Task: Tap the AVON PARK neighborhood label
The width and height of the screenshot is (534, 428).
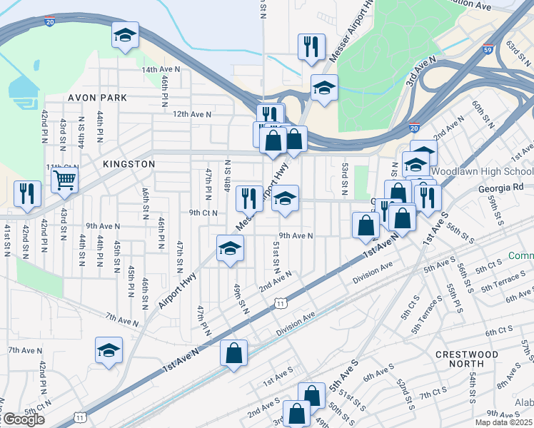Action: pyautogui.click(x=97, y=97)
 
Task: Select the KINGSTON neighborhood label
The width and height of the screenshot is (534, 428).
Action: pyautogui.click(x=129, y=164)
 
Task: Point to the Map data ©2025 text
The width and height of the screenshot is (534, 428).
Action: pyautogui.click(x=504, y=422)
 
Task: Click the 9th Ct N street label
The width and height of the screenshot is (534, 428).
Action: pyautogui.click(x=203, y=213)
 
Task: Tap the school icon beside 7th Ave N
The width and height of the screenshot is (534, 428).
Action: pyautogui.click(x=109, y=350)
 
